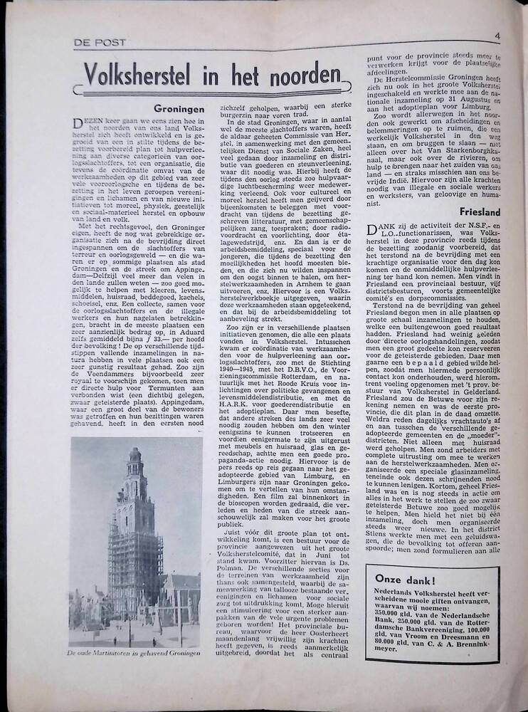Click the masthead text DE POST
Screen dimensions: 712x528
pos(100,42)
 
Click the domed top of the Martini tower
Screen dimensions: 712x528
pos(134,456)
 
